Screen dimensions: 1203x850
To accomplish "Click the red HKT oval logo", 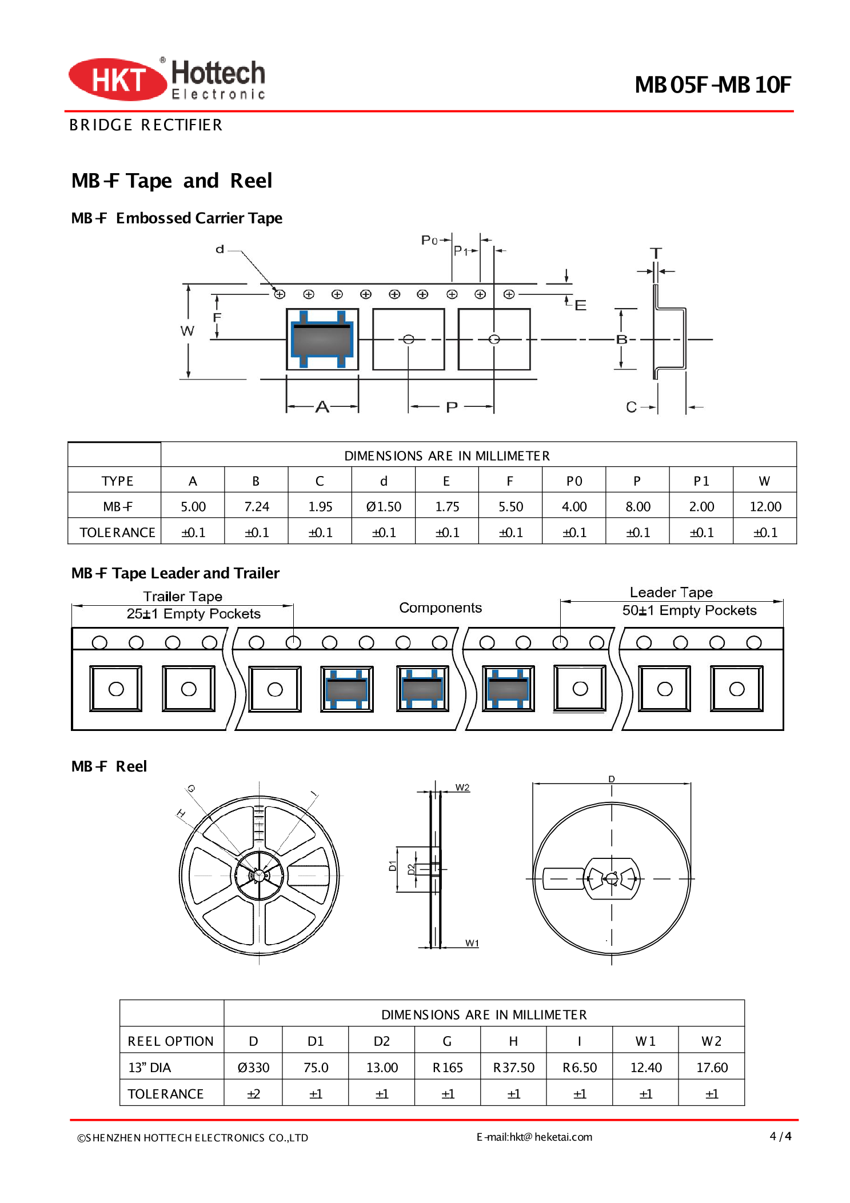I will click(x=117, y=79).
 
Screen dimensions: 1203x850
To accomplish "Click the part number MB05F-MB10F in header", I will click(x=712, y=85).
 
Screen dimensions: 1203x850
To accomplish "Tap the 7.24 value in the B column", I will click(x=256, y=506).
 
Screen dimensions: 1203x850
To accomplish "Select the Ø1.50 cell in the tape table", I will click(x=384, y=506).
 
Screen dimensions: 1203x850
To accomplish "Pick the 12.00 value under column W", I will click(x=765, y=506).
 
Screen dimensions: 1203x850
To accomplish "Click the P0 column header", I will click(x=574, y=481).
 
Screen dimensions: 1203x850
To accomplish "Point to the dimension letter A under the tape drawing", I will click(x=322, y=406).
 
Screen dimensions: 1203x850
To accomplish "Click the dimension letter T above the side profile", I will click(x=656, y=253).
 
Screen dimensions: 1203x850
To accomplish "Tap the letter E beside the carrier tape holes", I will click(x=580, y=305).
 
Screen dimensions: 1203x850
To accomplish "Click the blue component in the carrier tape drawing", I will click(x=322, y=339).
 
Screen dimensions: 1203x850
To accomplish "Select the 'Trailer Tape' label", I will click(x=182, y=596).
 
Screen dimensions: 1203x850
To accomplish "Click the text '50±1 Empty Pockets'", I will click(x=689, y=610).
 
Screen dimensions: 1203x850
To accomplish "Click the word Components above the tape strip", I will click(x=440, y=608).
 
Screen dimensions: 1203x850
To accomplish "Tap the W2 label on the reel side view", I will click(x=462, y=788).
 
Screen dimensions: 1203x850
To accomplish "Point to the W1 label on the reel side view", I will click(x=472, y=943).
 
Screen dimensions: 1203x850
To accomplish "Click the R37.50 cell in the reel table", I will click(x=513, y=1068).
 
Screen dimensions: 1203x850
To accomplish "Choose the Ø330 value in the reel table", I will click(x=253, y=1068).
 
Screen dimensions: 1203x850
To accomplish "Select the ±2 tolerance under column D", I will click(x=253, y=1094).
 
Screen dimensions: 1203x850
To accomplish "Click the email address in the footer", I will click(x=534, y=1137).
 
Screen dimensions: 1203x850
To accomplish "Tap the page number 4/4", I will click(x=780, y=1136).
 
